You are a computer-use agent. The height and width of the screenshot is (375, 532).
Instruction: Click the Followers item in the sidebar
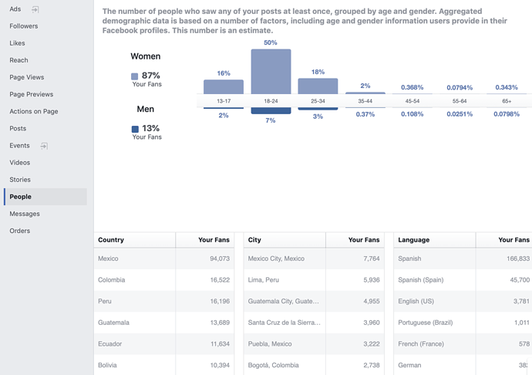24,26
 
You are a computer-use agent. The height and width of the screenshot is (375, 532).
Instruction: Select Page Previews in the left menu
32,94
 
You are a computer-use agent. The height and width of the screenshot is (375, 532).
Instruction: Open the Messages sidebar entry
25,214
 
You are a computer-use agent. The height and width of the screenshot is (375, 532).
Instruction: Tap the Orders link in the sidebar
20,231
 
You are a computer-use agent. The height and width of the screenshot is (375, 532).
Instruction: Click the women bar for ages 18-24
271,72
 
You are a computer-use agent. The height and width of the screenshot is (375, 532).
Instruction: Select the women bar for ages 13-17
224,86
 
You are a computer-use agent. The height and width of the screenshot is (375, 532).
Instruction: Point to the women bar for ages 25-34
318,86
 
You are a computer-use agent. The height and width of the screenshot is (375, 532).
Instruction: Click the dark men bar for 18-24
271,110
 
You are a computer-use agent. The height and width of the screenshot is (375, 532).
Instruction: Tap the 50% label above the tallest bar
271,42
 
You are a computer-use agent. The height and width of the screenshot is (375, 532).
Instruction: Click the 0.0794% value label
460,88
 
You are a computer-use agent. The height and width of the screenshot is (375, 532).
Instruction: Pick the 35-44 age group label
365,101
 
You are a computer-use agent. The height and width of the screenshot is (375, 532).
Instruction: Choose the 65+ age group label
507,101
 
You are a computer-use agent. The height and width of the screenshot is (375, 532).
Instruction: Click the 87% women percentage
151,76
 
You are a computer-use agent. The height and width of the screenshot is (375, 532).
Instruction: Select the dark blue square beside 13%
135,129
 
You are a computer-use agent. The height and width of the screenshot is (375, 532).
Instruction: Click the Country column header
111,240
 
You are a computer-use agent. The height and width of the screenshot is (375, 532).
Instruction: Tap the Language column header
414,240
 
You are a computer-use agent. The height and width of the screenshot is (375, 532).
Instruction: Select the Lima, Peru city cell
264,280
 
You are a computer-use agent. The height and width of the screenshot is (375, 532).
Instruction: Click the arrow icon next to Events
44,146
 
